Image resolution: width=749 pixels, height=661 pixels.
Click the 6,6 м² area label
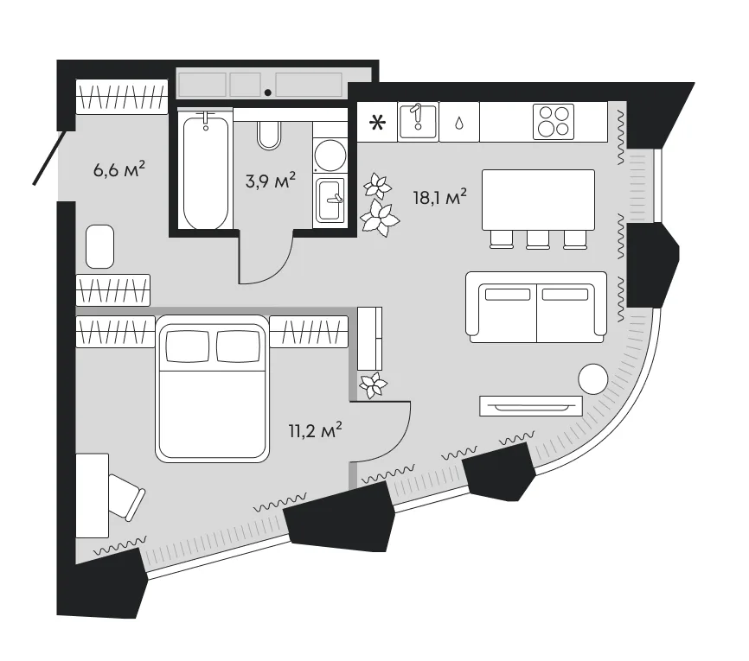(x=119, y=169)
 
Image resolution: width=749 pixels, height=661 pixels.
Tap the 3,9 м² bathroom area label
(x=271, y=181)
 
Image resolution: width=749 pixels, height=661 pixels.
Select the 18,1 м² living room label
(x=440, y=197)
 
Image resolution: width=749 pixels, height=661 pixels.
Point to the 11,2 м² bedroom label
(x=316, y=430)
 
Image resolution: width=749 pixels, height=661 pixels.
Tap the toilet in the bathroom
(x=269, y=135)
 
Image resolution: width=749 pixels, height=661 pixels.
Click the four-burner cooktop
(x=554, y=122)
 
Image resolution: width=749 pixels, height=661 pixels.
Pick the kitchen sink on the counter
(x=418, y=121)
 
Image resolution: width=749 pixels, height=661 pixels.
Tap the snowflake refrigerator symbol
(x=377, y=124)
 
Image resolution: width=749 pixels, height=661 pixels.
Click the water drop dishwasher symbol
(x=459, y=124)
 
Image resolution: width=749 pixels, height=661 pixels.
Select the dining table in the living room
(x=538, y=200)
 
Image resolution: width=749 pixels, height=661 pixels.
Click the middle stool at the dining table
(x=538, y=239)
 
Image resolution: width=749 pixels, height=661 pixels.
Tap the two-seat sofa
(x=536, y=308)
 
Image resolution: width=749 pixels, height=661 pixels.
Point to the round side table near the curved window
(x=593, y=379)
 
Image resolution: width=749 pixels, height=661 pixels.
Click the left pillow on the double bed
(x=187, y=346)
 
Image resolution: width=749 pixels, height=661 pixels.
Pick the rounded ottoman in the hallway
(x=99, y=246)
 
